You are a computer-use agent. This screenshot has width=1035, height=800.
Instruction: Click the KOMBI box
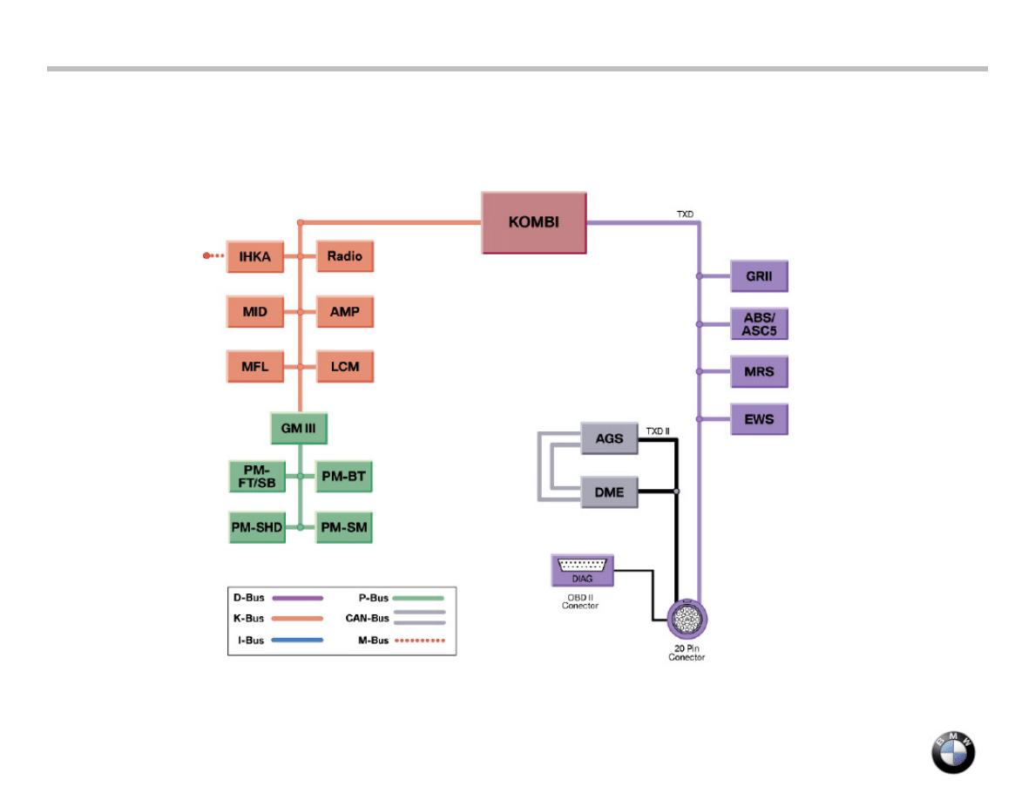pyautogui.click(x=533, y=222)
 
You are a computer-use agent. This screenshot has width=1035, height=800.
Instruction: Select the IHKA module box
pyautogui.click(x=255, y=256)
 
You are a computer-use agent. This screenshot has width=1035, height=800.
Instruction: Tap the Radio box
pyautogui.click(x=345, y=256)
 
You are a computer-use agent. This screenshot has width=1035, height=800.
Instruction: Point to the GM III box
pyautogui.click(x=299, y=429)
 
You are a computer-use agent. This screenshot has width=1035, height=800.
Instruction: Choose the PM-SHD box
pyautogui.click(x=256, y=528)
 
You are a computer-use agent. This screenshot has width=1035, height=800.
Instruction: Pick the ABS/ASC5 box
pyautogui.click(x=759, y=324)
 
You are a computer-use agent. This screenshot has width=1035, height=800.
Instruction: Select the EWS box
pyautogui.click(x=759, y=419)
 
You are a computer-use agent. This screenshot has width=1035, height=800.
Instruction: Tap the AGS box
pyautogui.click(x=609, y=438)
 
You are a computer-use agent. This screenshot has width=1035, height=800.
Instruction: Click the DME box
pyautogui.click(x=609, y=492)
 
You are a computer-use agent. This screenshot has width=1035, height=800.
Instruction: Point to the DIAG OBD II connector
pyautogui.click(x=583, y=570)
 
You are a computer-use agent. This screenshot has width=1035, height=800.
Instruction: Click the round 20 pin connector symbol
pyautogui.click(x=688, y=621)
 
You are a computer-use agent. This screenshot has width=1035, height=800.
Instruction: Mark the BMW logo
pyautogui.click(x=953, y=751)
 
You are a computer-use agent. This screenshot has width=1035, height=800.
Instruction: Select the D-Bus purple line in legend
pyautogui.click(x=297, y=599)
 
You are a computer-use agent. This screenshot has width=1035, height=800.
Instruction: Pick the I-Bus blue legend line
pyautogui.click(x=297, y=641)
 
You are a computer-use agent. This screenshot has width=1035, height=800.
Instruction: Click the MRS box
pyautogui.click(x=759, y=372)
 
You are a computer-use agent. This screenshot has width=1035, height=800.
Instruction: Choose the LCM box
pyautogui.click(x=345, y=367)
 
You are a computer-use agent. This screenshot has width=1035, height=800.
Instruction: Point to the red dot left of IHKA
pyautogui.click(x=207, y=256)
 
